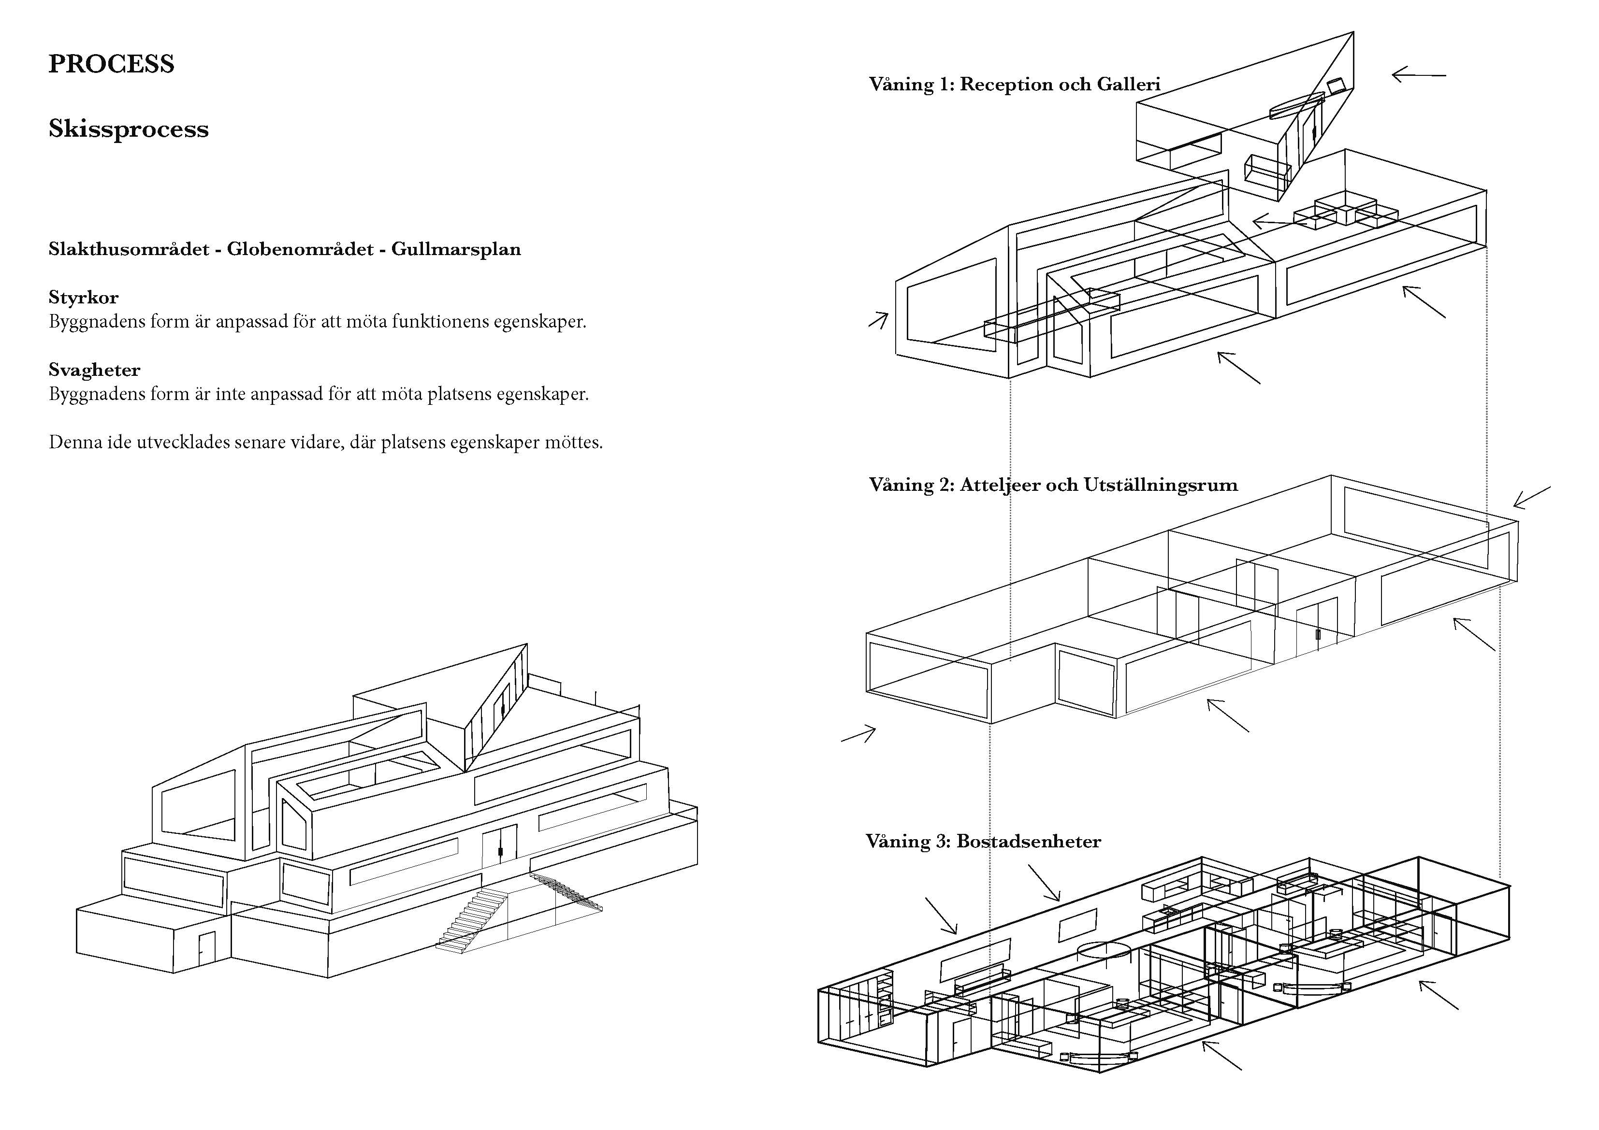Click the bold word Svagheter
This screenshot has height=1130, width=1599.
coord(94,370)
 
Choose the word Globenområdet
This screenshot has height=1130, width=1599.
coord(300,249)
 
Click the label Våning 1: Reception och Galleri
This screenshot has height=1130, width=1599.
coord(1014,84)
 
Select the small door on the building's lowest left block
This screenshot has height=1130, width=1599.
coord(207,948)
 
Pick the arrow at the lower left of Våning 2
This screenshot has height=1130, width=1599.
coord(858,734)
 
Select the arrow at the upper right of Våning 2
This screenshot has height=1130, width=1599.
coord(1531,497)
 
